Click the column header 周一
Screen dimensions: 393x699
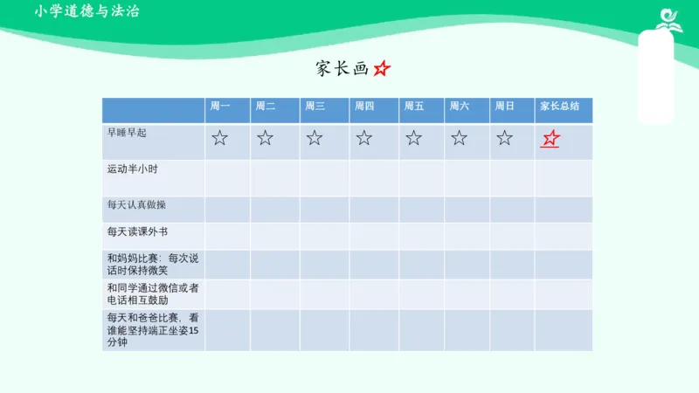pyautogui.click(x=219, y=107)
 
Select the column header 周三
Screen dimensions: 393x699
pyautogui.click(x=315, y=107)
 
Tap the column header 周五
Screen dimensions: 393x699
pyautogui.click(x=413, y=107)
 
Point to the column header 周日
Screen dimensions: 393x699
pyautogui.click(x=504, y=107)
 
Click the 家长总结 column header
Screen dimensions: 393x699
pyautogui.click(x=559, y=107)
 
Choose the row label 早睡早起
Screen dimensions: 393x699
pyautogui.click(x=127, y=132)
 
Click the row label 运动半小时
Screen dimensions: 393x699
pyautogui.click(x=132, y=169)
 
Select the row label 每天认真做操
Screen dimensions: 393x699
pyautogui.click(x=136, y=205)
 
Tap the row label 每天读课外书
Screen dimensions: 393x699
pyautogui.click(x=136, y=232)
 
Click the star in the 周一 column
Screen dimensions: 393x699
pyautogui.click(x=219, y=138)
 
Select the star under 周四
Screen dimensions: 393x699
pyautogui.click(x=364, y=138)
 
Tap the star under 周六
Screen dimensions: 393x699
pyautogui.click(x=460, y=138)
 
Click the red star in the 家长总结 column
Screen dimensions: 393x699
pyautogui.click(x=550, y=139)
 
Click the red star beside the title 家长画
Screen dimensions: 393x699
pyautogui.click(x=383, y=68)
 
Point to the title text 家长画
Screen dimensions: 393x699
pyautogui.click(x=343, y=68)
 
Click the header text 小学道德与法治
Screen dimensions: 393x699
pyautogui.click(x=87, y=11)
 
